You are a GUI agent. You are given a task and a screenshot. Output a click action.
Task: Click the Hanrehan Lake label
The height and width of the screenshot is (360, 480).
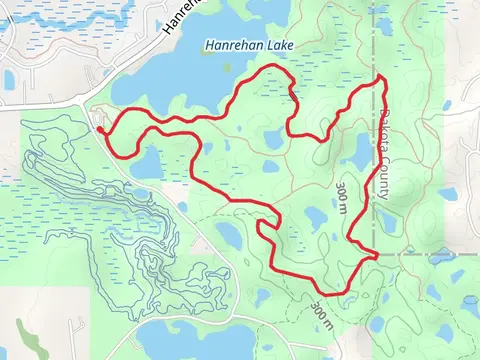(245, 45)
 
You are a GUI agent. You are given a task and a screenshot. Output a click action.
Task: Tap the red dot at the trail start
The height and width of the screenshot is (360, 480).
(100, 128)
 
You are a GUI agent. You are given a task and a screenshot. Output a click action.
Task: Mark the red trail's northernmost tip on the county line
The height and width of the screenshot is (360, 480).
(381, 78)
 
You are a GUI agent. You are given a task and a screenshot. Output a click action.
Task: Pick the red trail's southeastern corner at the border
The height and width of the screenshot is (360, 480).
(376, 257)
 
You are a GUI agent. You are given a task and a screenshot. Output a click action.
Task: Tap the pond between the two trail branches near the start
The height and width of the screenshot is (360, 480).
(146, 161)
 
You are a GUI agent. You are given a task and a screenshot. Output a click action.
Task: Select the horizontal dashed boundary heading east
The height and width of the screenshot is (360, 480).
(430, 254)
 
